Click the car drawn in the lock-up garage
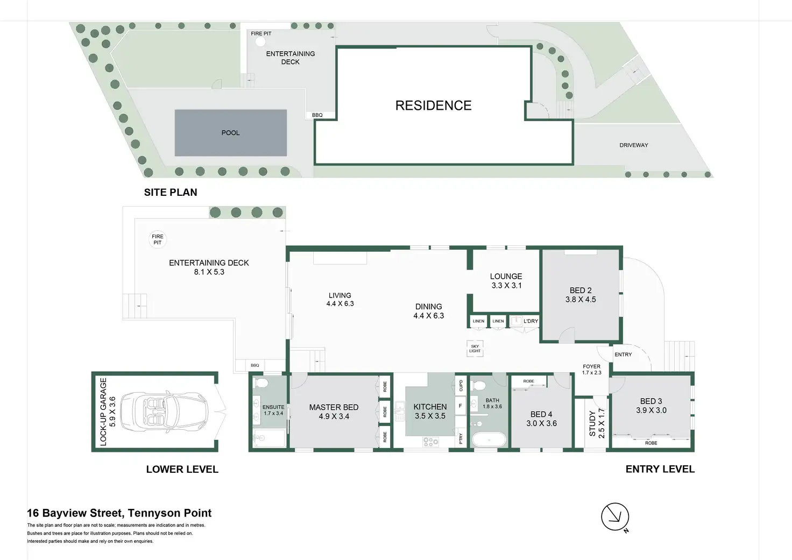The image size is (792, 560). pos(165,412)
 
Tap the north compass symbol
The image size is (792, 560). pos(615,517)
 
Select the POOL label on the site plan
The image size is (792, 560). pos(230,133)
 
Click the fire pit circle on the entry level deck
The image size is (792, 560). pos(157,239)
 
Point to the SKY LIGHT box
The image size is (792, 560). pos(475,349)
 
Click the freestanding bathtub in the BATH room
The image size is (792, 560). pos(489,440)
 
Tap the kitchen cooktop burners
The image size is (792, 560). pos(431,442)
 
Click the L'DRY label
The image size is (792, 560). pos(531,321)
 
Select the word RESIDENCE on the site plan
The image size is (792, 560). pos(434,105)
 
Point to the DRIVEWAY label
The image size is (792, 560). pos(634,145)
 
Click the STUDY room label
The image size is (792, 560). pos(592,423)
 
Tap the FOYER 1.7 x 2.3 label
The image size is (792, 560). pos(591,370)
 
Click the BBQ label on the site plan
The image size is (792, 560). pos(317,115)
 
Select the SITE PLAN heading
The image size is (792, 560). pos(171,193)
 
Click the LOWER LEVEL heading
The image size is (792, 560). pos(182,469)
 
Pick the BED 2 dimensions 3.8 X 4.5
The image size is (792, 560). pos(581,300)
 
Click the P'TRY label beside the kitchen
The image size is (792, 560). pos(461,438)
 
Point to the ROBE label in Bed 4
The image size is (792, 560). pos(528,381)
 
